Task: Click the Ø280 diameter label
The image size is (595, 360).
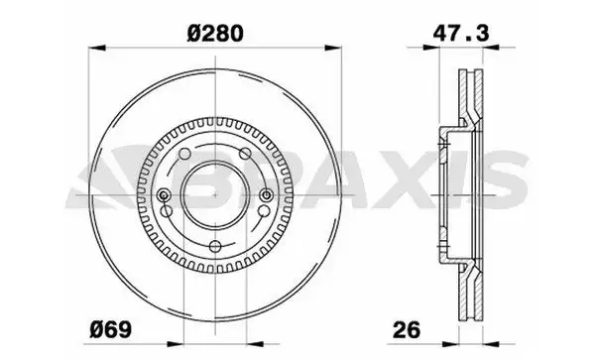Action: click(x=215, y=34)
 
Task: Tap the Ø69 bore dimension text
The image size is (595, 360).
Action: click(x=110, y=329)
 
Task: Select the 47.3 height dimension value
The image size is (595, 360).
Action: click(x=461, y=34)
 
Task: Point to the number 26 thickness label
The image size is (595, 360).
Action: click(x=407, y=329)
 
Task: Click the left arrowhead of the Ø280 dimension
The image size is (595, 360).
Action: click(x=97, y=48)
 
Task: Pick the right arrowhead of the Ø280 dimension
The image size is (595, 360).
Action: click(x=333, y=48)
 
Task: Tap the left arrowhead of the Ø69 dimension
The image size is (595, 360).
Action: click(x=176, y=344)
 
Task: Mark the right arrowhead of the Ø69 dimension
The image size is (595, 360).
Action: click(x=255, y=344)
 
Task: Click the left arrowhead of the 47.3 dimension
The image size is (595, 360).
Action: click(x=431, y=48)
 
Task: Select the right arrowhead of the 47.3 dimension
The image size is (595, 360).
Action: click(x=491, y=48)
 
